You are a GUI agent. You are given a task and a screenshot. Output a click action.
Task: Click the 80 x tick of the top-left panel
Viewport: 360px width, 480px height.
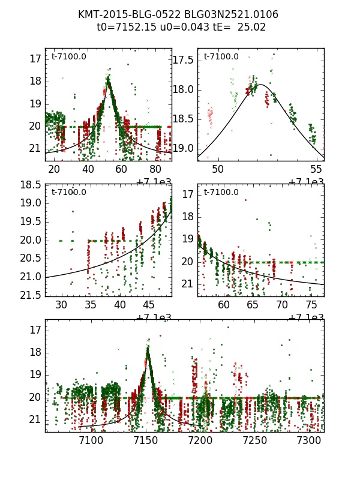point(155,169)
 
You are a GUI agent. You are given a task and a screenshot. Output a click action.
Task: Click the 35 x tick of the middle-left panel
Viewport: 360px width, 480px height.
point(91,305)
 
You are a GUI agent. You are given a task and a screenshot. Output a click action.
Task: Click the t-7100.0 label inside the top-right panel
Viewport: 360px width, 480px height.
point(221,56)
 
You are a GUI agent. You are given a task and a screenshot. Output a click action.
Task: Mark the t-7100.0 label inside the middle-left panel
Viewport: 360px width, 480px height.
point(68,192)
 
